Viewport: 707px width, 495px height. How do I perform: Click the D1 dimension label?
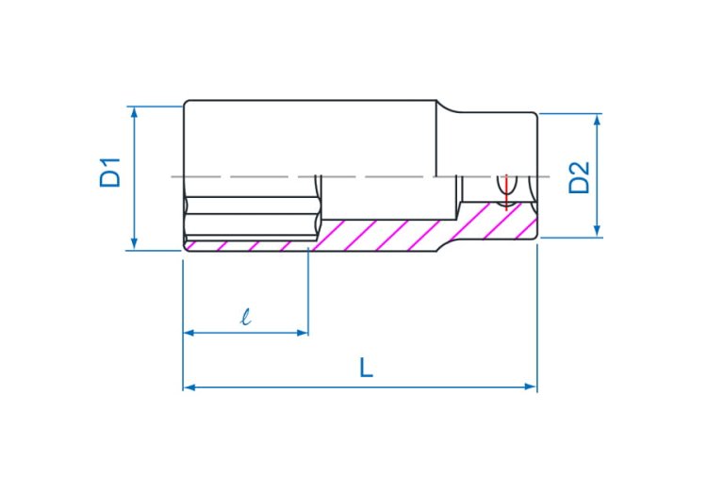pyautogui.click(x=110, y=173)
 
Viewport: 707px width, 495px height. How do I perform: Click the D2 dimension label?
pyautogui.click(x=579, y=177)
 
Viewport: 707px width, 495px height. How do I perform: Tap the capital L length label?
pyautogui.click(x=366, y=368)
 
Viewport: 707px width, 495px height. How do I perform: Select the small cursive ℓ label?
pyautogui.click(x=245, y=317)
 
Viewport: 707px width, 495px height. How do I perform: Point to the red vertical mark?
pyautogui.click(x=506, y=192)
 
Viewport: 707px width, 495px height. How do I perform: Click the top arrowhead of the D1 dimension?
pyautogui.click(x=134, y=112)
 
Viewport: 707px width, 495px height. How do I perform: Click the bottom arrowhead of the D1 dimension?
pyautogui.click(x=134, y=244)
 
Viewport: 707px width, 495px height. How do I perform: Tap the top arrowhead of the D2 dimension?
pyautogui.click(x=597, y=120)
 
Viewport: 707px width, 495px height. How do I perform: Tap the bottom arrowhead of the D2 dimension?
pyautogui.click(x=597, y=231)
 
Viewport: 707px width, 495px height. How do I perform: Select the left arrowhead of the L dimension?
pyautogui.click(x=189, y=387)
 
